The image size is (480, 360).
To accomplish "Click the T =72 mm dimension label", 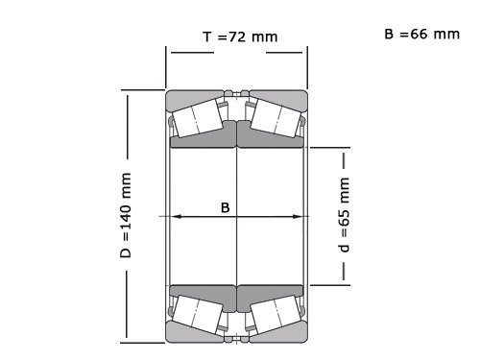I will click(239, 37).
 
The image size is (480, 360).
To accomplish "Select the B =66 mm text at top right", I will click(421, 34).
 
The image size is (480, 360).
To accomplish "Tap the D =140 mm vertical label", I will click(126, 216).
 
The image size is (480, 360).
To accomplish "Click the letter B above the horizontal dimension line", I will click(226, 206).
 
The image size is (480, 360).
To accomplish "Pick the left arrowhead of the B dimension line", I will click(176, 216).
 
